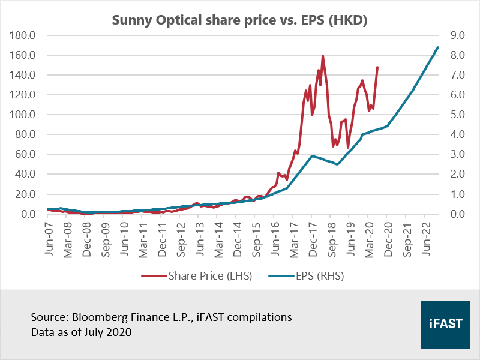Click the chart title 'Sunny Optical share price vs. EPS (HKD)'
pos(239,20)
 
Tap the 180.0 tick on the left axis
pos(23,35)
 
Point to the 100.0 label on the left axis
pos(23,115)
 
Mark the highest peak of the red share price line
pos(323,56)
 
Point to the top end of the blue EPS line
pos(438,47)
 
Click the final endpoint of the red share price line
pos(377,67)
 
